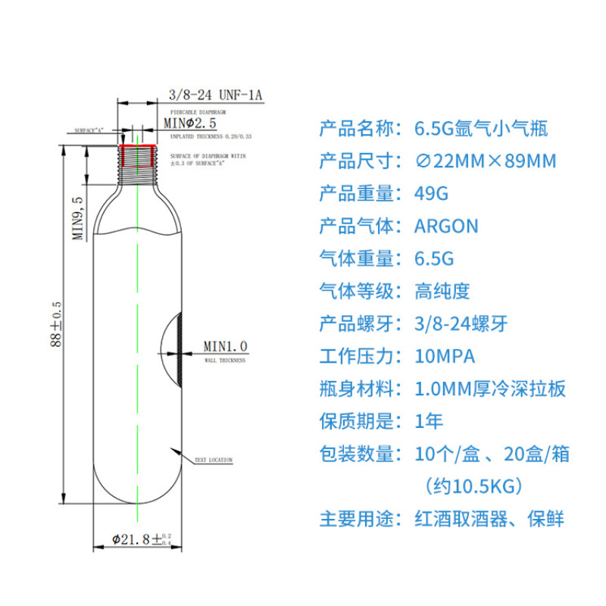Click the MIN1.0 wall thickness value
point(225,346)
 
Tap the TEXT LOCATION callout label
point(213,460)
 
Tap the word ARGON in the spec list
point(446,226)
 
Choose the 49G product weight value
point(431,193)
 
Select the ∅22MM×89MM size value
point(485,161)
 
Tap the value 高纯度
point(443,291)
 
